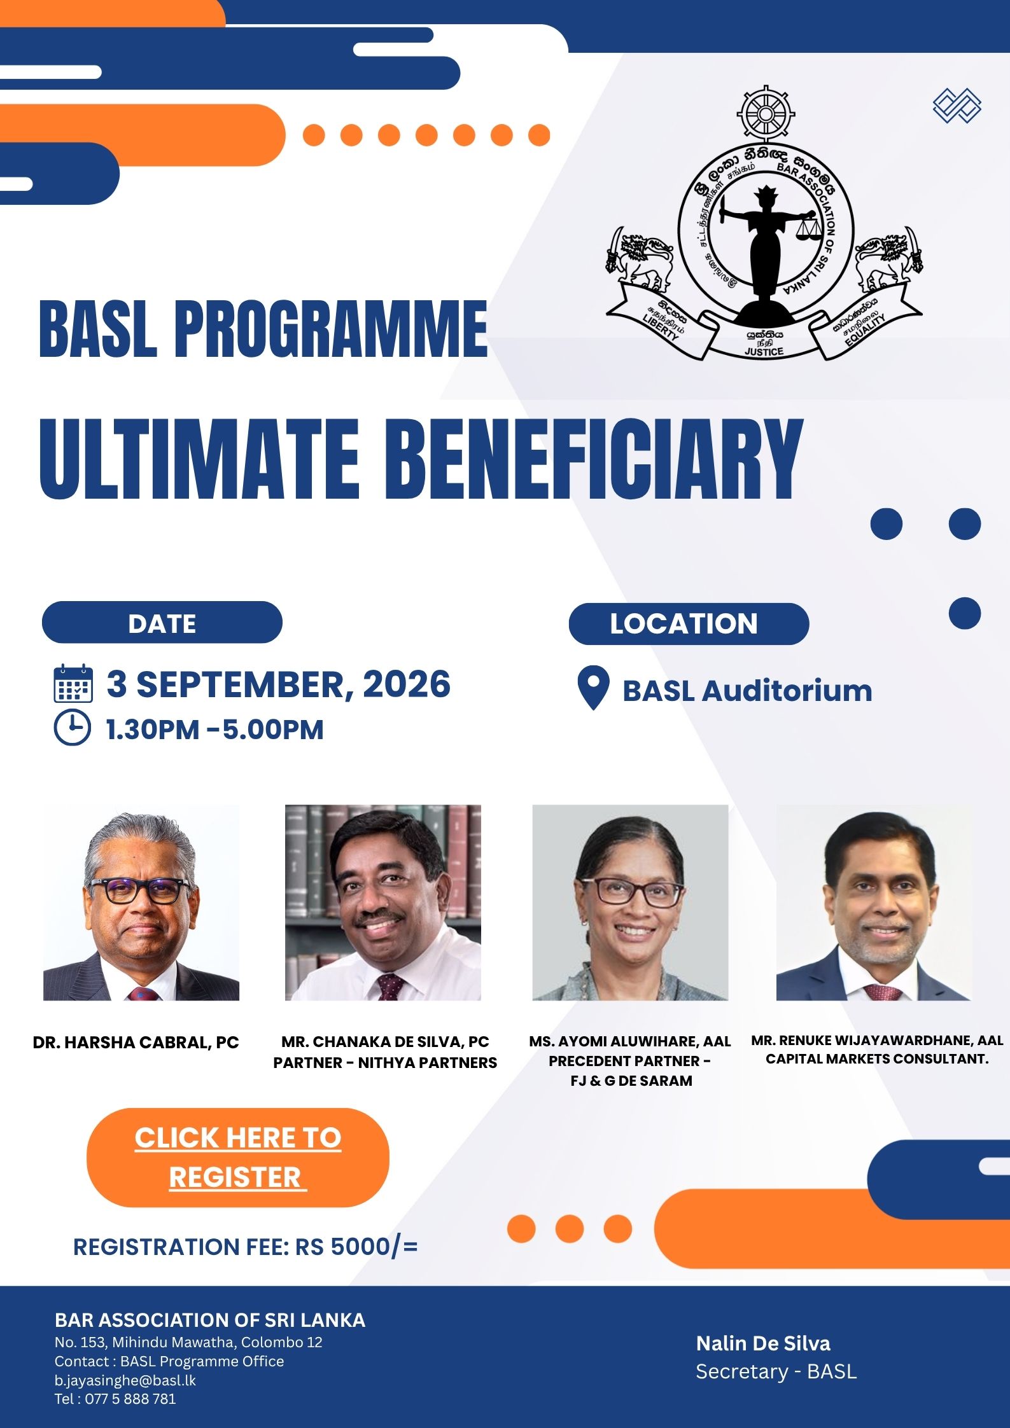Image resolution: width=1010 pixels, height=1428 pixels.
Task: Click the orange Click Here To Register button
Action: click(237, 1157)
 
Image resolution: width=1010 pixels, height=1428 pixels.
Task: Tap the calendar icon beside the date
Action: click(73, 683)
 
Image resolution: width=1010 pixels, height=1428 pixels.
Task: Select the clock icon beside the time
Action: click(73, 728)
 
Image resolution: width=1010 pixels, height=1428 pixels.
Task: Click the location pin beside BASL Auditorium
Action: click(593, 688)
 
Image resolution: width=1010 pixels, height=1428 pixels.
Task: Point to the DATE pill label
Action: click(162, 623)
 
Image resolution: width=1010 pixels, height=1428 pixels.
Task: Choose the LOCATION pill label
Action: click(689, 623)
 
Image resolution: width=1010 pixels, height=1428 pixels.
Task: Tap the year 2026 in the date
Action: click(407, 684)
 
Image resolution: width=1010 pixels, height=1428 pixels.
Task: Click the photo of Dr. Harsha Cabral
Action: click(141, 903)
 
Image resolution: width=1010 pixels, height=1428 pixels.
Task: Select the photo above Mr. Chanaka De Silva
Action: click(383, 903)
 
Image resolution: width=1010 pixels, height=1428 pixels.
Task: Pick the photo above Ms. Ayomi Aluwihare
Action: click(630, 903)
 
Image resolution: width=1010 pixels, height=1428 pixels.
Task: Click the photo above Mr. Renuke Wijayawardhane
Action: click(874, 903)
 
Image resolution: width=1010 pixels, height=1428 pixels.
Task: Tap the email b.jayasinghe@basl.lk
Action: click(125, 1380)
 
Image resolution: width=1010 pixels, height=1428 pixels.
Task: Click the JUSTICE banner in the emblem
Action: click(764, 342)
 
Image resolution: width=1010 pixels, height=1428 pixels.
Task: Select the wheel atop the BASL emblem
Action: click(766, 114)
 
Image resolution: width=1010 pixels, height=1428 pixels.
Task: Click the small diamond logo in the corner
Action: click(957, 105)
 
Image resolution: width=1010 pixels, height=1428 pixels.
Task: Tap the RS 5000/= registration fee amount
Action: click(356, 1247)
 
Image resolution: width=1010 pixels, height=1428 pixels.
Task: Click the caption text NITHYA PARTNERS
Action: click(428, 1062)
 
